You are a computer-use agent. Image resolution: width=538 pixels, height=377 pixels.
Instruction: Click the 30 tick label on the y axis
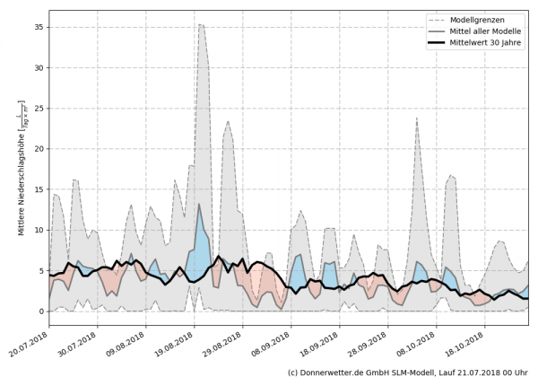[39, 67]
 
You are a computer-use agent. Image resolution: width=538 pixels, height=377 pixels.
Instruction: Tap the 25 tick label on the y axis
[39, 108]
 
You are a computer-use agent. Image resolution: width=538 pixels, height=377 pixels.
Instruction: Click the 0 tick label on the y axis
[41, 311]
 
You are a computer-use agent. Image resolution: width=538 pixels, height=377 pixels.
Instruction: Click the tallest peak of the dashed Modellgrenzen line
[200, 25]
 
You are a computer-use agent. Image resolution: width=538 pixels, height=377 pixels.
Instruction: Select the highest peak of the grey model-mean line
[199, 204]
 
